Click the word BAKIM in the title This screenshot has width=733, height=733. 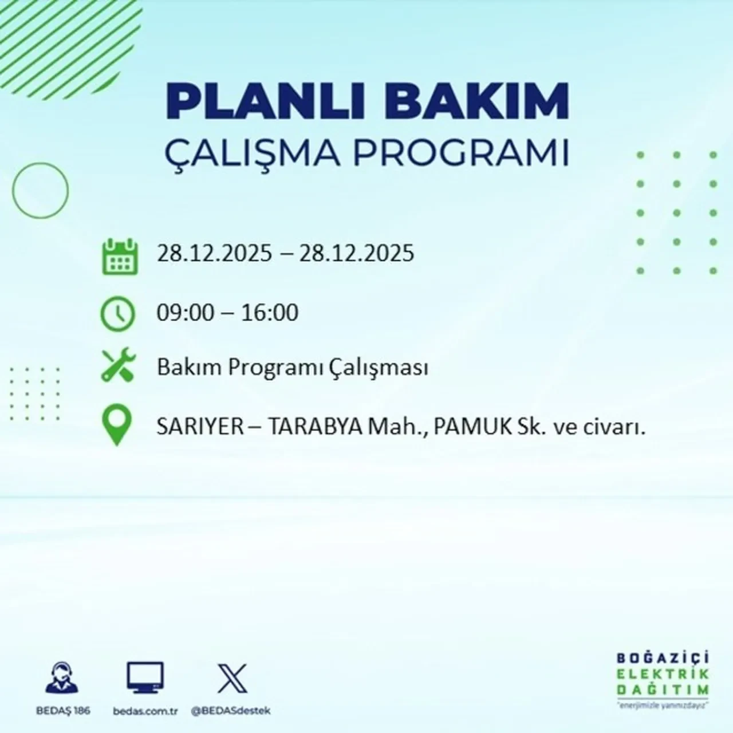pos(480,101)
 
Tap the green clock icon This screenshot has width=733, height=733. pos(117,314)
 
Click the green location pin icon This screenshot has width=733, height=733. pos(117,425)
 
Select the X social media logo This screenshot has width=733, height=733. pos(232,678)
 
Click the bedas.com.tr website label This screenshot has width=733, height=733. pos(145,711)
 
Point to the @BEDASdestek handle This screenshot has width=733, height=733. pos(230,711)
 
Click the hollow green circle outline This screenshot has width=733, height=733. pos(40,191)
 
